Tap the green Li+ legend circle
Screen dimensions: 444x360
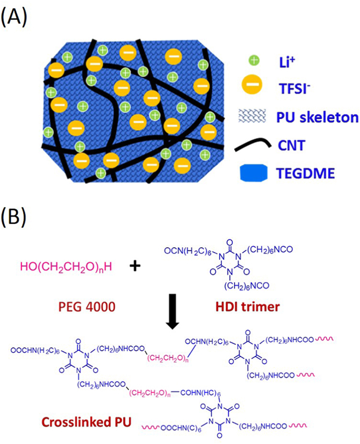(x=254, y=60)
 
